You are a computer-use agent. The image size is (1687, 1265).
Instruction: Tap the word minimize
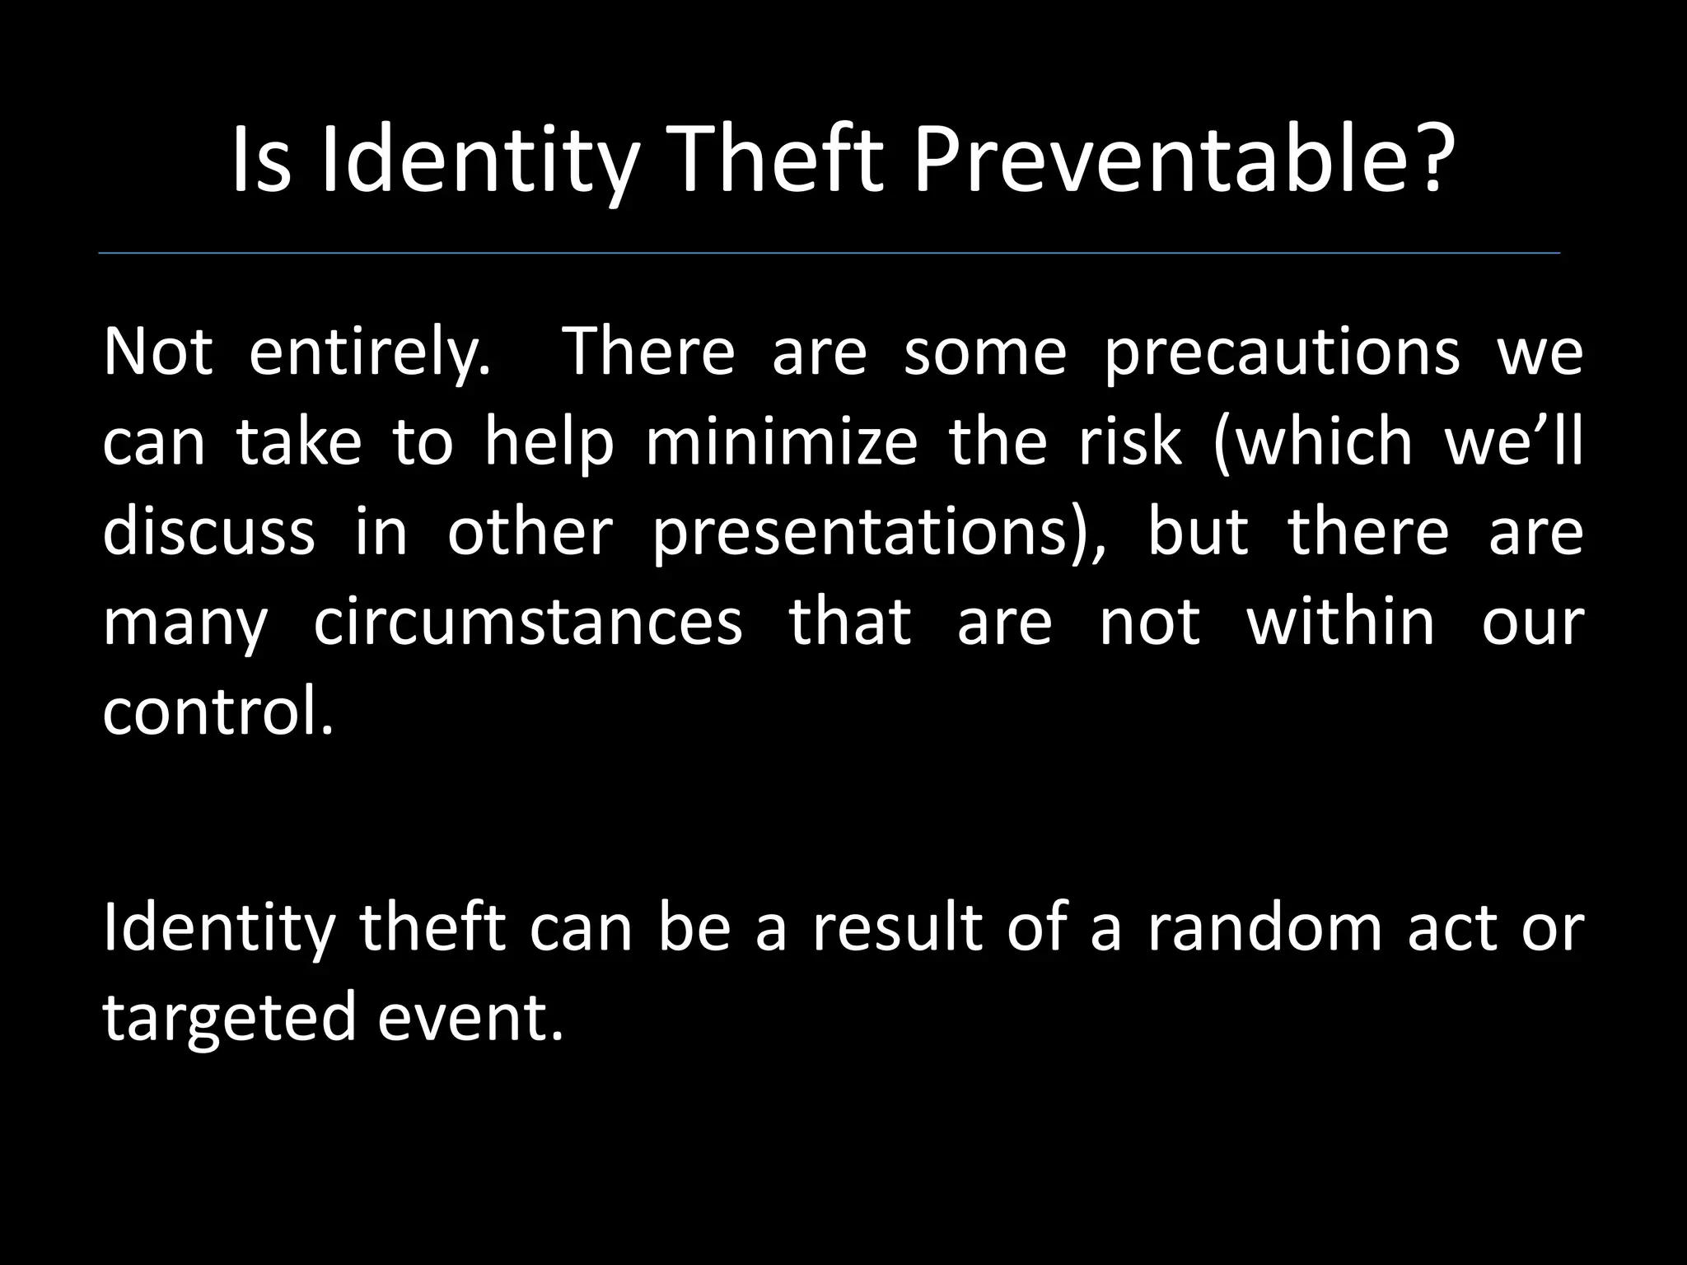click(780, 441)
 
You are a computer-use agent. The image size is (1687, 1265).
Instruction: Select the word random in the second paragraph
click(1264, 928)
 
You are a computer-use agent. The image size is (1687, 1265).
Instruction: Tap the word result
click(896, 928)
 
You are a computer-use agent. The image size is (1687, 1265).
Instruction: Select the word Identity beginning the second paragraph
click(218, 928)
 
